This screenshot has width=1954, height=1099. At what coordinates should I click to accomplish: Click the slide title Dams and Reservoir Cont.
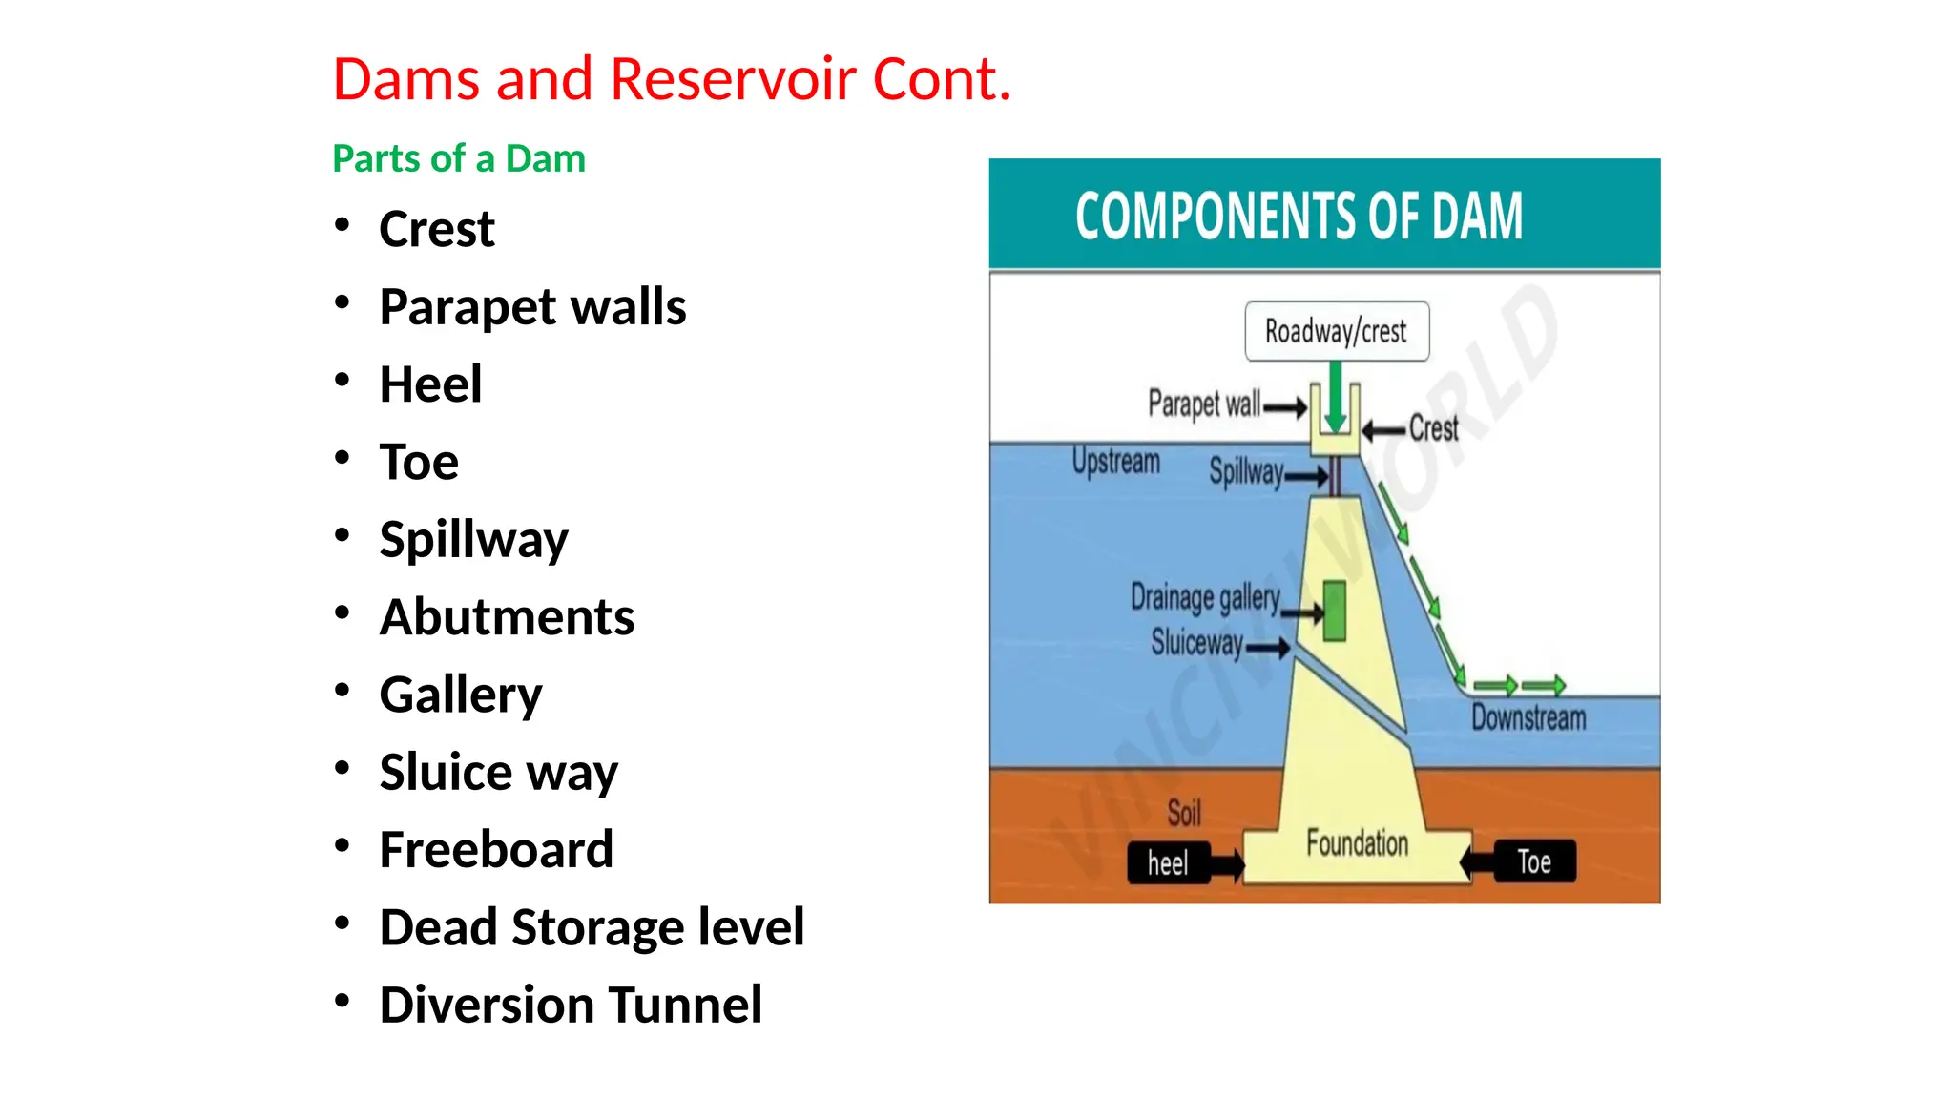(x=671, y=78)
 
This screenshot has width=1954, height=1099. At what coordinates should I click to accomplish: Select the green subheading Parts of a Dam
(x=458, y=158)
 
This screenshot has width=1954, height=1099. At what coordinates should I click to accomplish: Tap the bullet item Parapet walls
(x=531, y=306)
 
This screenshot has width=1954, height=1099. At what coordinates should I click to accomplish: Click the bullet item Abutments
(x=506, y=616)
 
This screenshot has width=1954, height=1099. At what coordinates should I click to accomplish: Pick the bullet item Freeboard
(x=495, y=849)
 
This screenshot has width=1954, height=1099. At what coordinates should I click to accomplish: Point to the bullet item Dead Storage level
(x=591, y=926)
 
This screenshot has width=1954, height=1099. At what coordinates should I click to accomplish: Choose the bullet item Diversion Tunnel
(x=570, y=1005)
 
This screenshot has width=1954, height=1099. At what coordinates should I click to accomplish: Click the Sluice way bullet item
(x=498, y=771)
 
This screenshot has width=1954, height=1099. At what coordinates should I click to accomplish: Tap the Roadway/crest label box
(x=1336, y=331)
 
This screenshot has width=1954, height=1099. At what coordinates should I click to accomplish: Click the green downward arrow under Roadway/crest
(x=1336, y=396)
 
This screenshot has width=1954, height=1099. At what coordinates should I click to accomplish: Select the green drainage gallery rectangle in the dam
(x=1335, y=611)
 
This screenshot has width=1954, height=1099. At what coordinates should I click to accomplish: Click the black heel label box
(x=1169, y=863)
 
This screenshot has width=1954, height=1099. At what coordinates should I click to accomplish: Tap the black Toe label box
(x=1534, y=861)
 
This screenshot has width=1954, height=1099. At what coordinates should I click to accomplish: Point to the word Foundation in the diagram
(x=1357, y=843)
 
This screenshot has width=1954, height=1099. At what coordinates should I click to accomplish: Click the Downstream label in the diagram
(x=1528, y=717)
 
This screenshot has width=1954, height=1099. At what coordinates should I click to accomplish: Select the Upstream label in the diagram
(x=1115, y=462)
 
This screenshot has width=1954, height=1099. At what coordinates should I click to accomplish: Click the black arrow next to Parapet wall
(x=1285, y=408)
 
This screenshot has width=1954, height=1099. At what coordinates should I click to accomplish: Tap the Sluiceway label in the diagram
(x=1196, y=643)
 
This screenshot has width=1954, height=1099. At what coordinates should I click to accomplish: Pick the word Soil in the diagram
(x=1184, y=813)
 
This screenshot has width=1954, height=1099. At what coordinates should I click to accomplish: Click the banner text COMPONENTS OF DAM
(x=1299, y=216)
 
